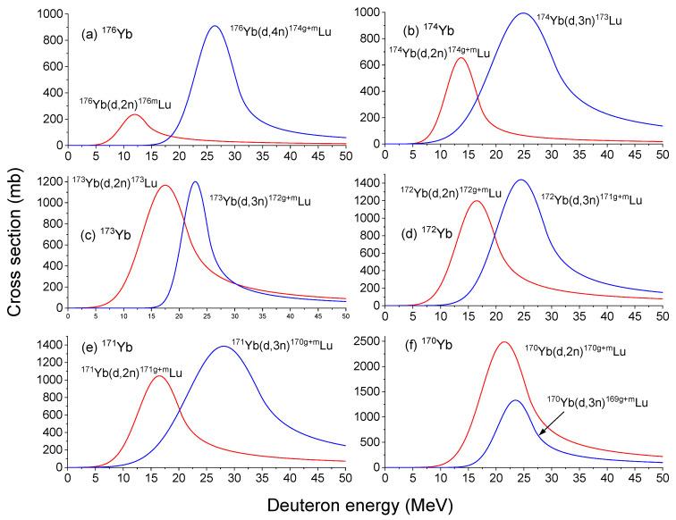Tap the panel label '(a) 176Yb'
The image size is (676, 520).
(106, 22)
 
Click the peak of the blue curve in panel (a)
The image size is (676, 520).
(214, 27)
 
